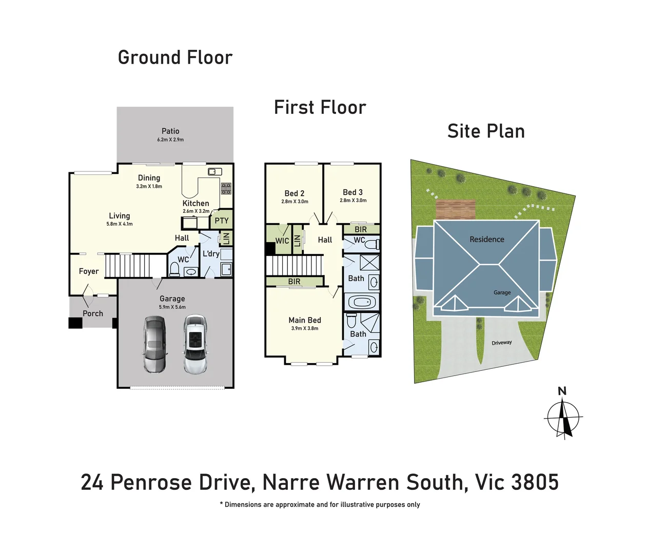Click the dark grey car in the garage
(x=154, y=344)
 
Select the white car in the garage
(x=195, y=344)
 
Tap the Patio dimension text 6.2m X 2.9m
(x=170, y=140)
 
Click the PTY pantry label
(x=222, y=221)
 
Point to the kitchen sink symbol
(x=214, y=171)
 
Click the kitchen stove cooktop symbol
(x=226, y=188)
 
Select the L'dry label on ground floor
(x=210, y=253)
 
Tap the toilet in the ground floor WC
(x=174, y=269)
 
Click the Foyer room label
(x=89, y=271)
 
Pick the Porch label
(x=93, y=313)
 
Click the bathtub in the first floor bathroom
(x=362, y=302)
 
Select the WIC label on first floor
(x=282, y=241)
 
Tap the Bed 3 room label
(x=353, y=192)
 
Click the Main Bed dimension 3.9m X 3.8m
(x=305, y=328)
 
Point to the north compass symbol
(x=563, y=418)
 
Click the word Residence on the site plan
(x=486, y=239)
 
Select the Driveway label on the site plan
(x=501, y=343)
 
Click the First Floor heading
(x=320, y=108)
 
